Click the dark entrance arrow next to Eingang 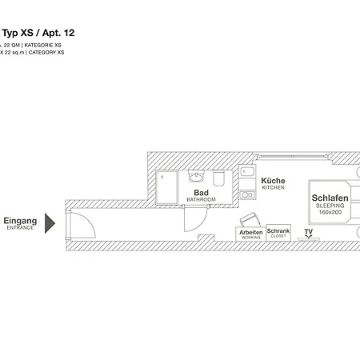coord(50,223)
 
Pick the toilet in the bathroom coord(219,177)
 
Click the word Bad coord(201,193)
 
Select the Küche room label coord(272,182)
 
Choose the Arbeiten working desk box coord(250,234)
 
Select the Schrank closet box coord(278,233)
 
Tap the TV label coord(308,231)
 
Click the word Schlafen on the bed coord(329,198)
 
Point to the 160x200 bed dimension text coord(329,213)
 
